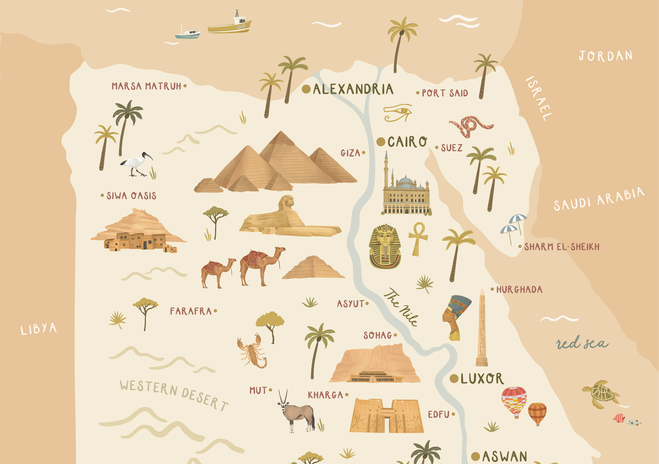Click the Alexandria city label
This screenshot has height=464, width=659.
(x=353, y=89)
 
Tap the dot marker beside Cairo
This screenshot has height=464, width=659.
(x=381, y=142)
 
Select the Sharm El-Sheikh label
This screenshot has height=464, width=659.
(x=562, y=247)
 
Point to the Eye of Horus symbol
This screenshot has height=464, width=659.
(x=398, y=112)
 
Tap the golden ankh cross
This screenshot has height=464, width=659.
(x=418, y=238)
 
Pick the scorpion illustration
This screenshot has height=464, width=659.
(x=253, y=351)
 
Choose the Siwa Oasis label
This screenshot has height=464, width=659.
(x=131, y=196)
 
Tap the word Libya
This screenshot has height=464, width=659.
(x=39, y=329)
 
